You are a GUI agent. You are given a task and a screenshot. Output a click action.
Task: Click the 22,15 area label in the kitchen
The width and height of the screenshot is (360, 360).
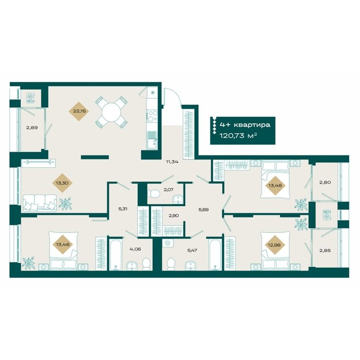(79, 112)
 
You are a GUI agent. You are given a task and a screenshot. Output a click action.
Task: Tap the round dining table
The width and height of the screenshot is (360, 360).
(112, 112)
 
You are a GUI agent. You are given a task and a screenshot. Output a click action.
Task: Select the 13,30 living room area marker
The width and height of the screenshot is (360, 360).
(62, 183)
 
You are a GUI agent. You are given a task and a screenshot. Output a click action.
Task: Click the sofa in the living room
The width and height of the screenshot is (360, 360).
(40, 203)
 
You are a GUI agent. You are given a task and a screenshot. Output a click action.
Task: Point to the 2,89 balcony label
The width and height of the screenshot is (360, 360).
(32, 128)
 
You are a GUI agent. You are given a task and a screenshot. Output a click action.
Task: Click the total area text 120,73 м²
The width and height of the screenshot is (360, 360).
(238, 135)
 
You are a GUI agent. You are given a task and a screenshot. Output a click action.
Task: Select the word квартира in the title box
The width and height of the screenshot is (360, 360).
(252, 125)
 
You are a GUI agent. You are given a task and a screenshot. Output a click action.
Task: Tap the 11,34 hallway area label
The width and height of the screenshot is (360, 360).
(172, 161)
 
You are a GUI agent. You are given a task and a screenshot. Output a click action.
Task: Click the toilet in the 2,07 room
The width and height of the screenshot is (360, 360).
(154, 194)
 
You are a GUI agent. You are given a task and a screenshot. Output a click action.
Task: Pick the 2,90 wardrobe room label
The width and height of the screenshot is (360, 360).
(174, 215)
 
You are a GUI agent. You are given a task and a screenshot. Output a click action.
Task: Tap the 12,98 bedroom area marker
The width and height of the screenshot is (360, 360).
(274, 245)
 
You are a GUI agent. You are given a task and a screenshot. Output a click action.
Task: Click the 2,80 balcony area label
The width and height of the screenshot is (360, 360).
(325, 183)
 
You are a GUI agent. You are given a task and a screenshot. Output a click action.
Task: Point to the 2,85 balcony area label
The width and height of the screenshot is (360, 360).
(325, 250)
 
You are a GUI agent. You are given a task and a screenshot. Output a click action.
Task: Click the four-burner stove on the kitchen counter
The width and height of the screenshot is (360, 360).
(152, 116)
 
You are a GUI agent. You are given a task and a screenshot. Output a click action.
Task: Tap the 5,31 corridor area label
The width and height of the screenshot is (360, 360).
(123, 209)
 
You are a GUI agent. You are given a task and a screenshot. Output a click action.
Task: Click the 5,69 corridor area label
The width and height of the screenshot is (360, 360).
(204, 209)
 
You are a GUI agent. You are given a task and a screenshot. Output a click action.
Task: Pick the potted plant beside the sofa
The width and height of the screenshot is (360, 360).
(65, 204)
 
